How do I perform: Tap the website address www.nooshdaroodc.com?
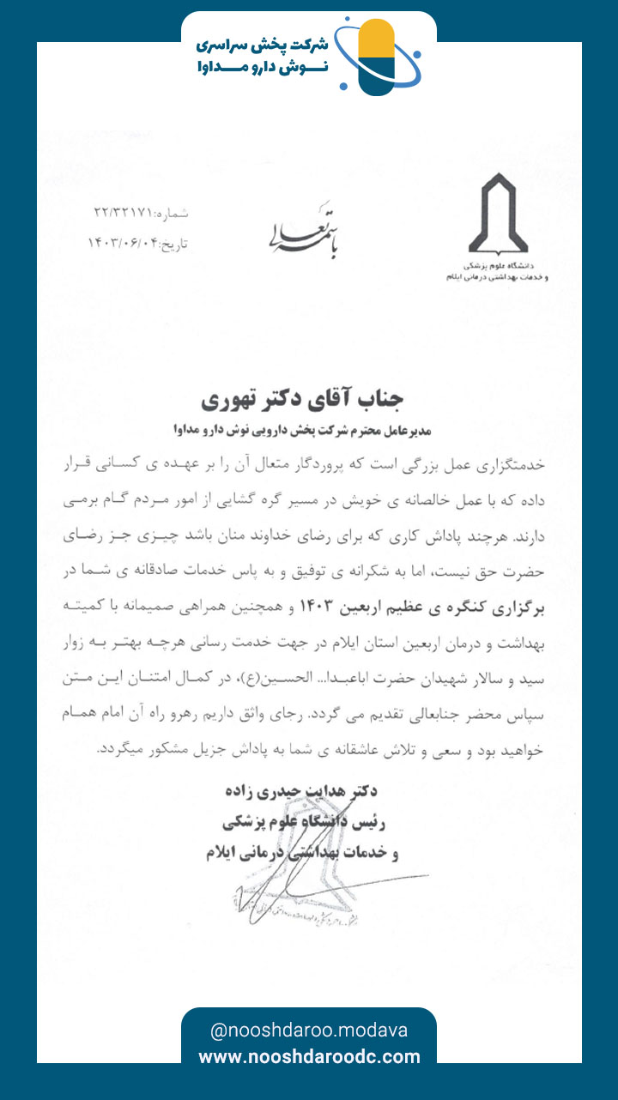309,1057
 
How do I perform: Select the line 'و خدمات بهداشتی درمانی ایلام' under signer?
301,854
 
